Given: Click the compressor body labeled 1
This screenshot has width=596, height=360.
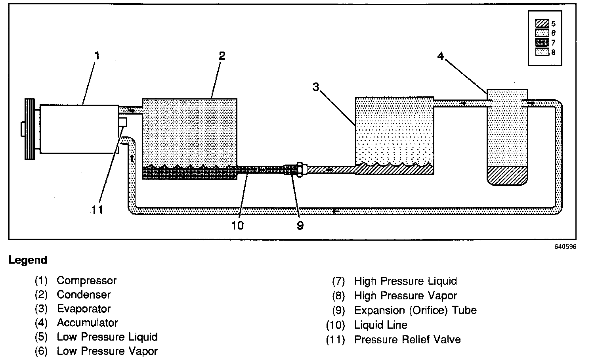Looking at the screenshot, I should pyautogui.click(x=79, y=129).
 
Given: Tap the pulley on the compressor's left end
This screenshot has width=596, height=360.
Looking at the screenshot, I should pyautogui.click(x=29, y=129).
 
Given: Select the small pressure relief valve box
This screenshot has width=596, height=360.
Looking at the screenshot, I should pyautogui.click(x=122, y=122).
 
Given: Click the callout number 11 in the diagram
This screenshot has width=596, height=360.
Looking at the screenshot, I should pyautogui.click(x=97, y=209).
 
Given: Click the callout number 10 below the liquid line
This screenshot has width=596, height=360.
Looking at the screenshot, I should pyautogui.click(x=237, y=225).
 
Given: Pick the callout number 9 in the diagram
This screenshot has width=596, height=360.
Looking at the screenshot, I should pyautogui.click(x=300, y=225).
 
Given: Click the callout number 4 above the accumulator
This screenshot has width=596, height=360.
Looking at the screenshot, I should pyautogui.click(x=440, y=56).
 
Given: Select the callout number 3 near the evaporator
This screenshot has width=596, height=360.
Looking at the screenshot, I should pyautogui.click(x=315, y=87).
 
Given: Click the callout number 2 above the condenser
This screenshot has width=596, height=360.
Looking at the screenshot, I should pyautogui.click(x=222, y=56).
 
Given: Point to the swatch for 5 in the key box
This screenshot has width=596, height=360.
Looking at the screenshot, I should pyautogui.click(x=542, y=24).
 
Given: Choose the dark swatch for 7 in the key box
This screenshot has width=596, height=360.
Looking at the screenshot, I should pyautogui.click(x=542, y=42).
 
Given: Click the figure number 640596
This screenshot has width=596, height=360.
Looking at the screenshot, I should pyautogui.click(x=565, y=247).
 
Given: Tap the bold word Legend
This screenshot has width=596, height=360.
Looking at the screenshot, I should pyautogui.click(x=28, y=260).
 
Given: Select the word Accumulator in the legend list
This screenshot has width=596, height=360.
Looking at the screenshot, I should pyautogui.click(x=87, y=323).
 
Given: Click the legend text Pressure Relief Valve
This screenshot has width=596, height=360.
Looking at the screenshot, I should pyautogui.click(x=407, y=340).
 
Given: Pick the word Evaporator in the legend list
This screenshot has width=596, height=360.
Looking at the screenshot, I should pyautogui.click(x=84, y=308).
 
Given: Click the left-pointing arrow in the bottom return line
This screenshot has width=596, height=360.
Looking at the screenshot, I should pyautogui.click(x=336, y=211).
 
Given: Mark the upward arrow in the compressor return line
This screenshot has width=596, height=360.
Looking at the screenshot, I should pyautogui.click(x=131, y=158).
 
